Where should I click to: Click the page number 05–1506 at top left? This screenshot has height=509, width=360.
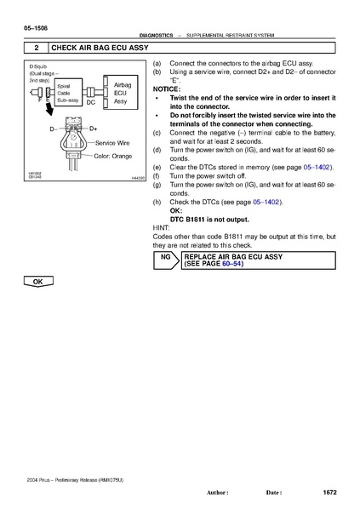[x=23, y=29]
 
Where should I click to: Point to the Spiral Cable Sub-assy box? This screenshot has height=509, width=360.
[x=67, y=93]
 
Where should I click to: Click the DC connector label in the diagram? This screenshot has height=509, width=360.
[x=90, y=101]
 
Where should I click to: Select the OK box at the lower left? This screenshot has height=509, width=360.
[x=37, y=280]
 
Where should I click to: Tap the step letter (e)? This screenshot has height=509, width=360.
[x=157, y=169]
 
